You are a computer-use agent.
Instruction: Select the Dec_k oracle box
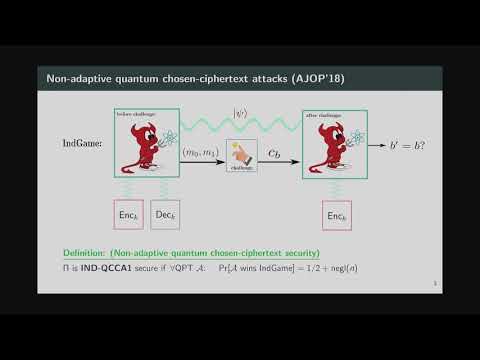coord(166,215)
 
